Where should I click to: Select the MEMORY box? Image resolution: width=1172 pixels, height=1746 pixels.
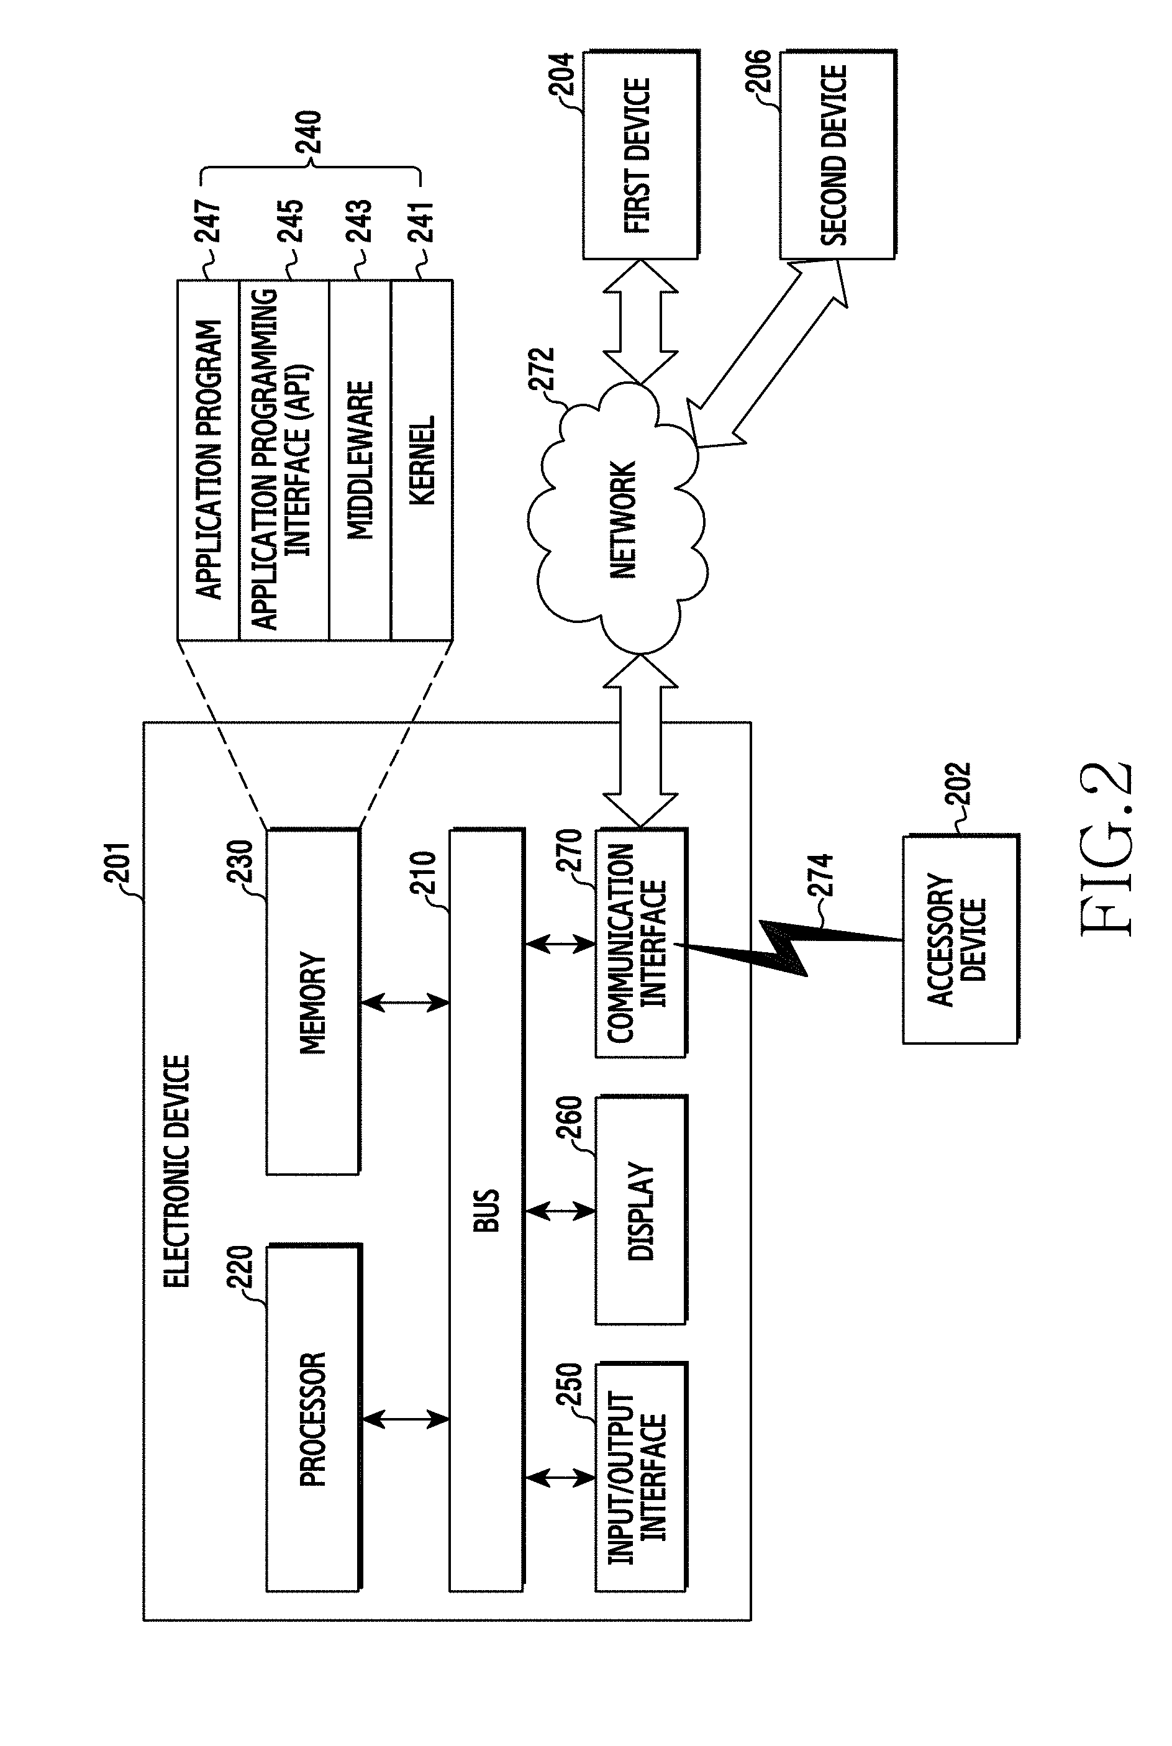[313, 1001]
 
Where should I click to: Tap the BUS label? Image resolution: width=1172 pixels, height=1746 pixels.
[486, 1210]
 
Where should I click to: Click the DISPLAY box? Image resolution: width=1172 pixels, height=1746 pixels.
[640, 1211]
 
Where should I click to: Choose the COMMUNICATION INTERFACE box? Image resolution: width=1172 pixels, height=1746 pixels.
[640, 942]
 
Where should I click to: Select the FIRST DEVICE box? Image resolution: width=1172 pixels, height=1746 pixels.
[640, 155]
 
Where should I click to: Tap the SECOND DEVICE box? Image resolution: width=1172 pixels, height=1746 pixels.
[837, 155]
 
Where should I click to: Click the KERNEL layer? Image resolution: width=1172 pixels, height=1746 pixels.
[422, 460]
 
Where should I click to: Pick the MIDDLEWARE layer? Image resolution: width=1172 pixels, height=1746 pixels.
[360, 460]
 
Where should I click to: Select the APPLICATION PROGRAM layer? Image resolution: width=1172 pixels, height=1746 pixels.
[209, 460]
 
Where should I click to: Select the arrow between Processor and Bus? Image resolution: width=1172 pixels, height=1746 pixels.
[404, 1418]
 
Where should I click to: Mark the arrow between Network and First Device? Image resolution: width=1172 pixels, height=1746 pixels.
[640, 321]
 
